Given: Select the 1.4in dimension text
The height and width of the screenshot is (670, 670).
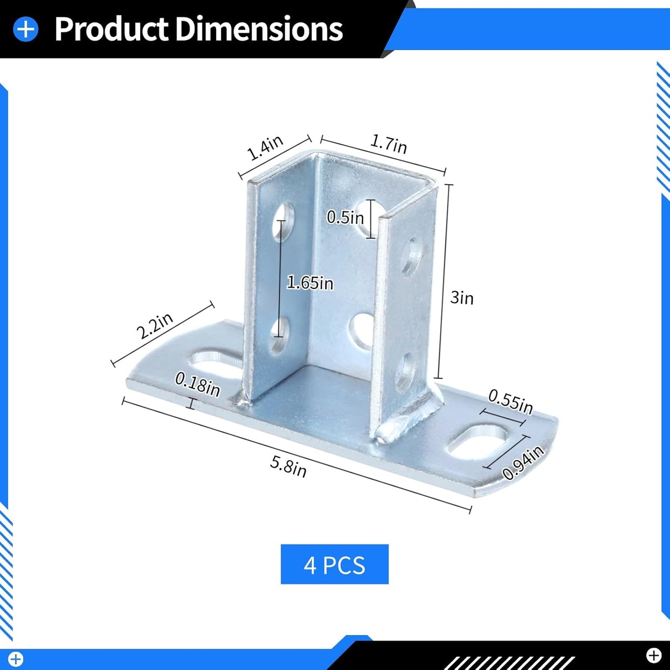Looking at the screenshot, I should coord(264,147).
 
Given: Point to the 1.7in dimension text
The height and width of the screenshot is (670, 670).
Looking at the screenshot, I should coord(389,144).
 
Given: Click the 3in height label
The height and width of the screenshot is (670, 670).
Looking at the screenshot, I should coord(462,298).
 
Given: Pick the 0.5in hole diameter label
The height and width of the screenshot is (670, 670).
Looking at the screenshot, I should coord(345,217).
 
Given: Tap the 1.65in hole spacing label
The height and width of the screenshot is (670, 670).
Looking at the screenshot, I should coord(310,282).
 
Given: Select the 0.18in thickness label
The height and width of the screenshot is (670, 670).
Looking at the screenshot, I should coord(197,384).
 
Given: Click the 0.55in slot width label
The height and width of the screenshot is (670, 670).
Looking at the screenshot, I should coord(510,401).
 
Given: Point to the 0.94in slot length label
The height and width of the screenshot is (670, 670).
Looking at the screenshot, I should coord(523,463).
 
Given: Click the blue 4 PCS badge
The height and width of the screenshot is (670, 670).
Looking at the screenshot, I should coord(334,564).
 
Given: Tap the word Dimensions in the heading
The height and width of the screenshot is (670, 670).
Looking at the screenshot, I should coord(259,29).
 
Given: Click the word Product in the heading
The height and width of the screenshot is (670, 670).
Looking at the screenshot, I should coord(111,29).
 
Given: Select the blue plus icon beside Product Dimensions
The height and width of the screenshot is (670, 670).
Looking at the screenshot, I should coord(26,29).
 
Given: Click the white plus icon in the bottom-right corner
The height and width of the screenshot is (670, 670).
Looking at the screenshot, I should coord(654,655).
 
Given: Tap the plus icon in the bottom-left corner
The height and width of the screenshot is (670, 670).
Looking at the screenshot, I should coord(15,659).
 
